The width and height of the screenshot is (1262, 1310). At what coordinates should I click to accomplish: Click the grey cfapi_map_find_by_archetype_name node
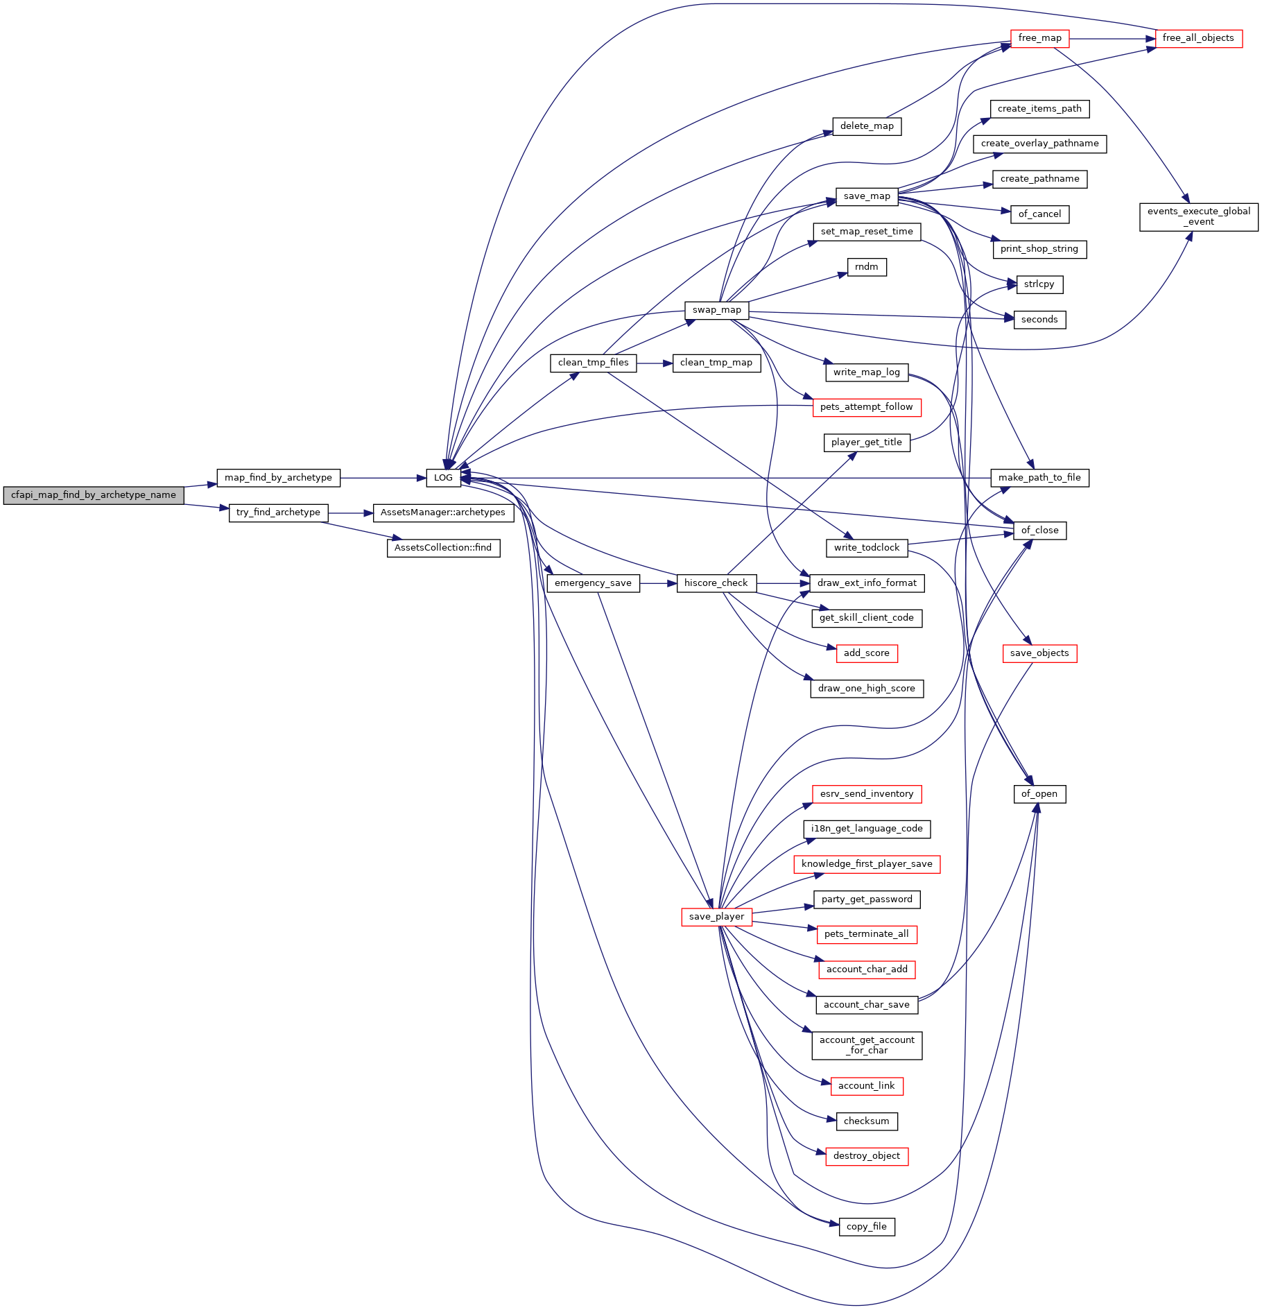tap(94, 495)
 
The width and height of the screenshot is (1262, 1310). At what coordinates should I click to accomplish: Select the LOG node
tap(443, 478)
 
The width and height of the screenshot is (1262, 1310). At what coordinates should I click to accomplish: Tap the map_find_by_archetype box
tap(278, 478)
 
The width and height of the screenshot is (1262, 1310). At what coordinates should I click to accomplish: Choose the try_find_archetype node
tap(278, 512)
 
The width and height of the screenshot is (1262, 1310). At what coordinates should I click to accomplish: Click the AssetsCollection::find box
tap(443, 548)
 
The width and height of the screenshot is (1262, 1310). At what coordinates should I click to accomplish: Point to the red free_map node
tap(1039, 38)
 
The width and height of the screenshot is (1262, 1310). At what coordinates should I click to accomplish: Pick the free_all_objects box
tap(1198, 38)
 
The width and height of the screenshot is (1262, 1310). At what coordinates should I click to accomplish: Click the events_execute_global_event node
tap(1199, 216)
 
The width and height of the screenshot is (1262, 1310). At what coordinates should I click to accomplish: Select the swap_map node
tap(717, 310)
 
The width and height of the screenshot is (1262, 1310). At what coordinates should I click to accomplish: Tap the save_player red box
tap(717, 917)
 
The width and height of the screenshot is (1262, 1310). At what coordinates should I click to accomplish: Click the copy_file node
tap(867, 1227)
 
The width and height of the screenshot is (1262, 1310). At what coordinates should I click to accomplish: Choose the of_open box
tap(1039, 794)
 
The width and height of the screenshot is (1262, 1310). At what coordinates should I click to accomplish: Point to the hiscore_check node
tap(716, 583)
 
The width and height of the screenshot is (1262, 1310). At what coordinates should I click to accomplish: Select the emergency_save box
tap(594, 583)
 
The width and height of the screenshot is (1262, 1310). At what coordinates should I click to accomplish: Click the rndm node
tap(867, 267)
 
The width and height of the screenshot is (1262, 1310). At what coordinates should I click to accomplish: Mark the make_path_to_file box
tap(1039, 478)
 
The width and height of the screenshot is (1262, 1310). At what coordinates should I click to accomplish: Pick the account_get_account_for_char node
tap(867, 1045)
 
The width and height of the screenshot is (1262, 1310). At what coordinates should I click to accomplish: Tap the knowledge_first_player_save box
tap(867, 864)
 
